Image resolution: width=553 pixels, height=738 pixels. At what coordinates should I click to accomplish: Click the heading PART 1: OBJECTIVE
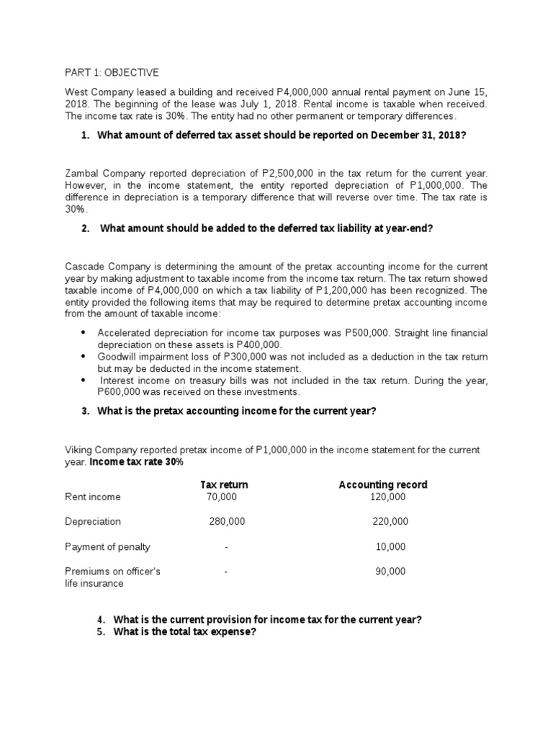(x=112, y=73)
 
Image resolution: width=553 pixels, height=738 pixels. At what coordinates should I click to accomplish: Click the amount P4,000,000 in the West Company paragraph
(x=304, y=93)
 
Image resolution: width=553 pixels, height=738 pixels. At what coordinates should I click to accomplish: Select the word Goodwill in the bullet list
(x=118, y=357)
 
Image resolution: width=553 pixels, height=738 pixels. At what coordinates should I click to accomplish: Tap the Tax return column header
(x=223, y=484)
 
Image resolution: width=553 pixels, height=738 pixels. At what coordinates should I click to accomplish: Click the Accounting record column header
(x=382, y=484)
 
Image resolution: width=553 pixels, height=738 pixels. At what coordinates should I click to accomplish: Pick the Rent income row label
(x=93, y=497)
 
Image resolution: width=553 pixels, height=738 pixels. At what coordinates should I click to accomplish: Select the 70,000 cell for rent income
(x=220, y=497)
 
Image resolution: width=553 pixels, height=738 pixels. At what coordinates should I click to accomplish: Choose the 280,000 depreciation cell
(x=227, y=522)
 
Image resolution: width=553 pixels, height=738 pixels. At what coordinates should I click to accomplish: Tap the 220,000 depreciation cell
(x=390, y=522)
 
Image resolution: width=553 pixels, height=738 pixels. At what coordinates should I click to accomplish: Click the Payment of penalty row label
(x=107, y=547)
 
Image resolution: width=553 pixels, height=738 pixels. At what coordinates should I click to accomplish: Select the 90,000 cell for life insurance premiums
(x=390, y=572)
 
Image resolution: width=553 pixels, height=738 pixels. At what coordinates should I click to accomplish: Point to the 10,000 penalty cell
(x=390, y=547)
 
